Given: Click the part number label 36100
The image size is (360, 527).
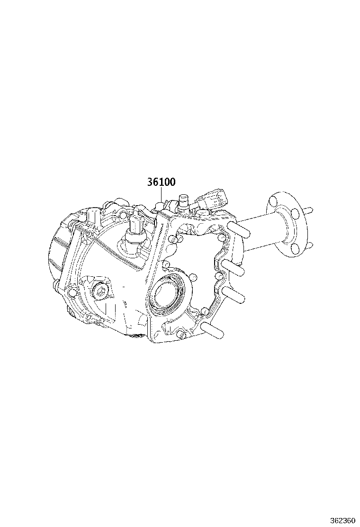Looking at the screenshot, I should point(161,182).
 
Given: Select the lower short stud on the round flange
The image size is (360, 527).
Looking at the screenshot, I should point(310,245).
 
